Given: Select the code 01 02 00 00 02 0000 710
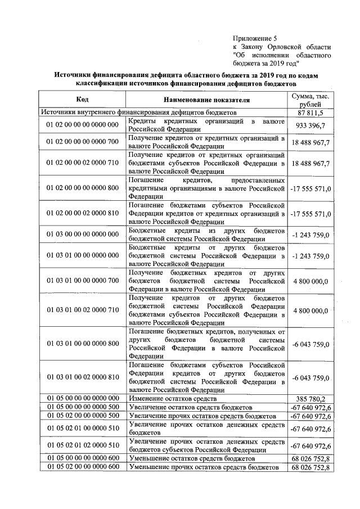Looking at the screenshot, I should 82,163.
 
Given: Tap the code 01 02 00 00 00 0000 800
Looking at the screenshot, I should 82,187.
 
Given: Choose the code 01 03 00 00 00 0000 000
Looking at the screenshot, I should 82,234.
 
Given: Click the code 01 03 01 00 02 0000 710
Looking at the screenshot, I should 82,310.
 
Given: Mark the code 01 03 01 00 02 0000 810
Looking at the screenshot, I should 82,377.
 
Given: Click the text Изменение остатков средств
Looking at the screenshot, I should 173,398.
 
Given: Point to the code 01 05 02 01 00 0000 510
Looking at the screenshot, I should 82,429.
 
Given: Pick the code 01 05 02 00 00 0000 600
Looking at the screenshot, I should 82,467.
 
